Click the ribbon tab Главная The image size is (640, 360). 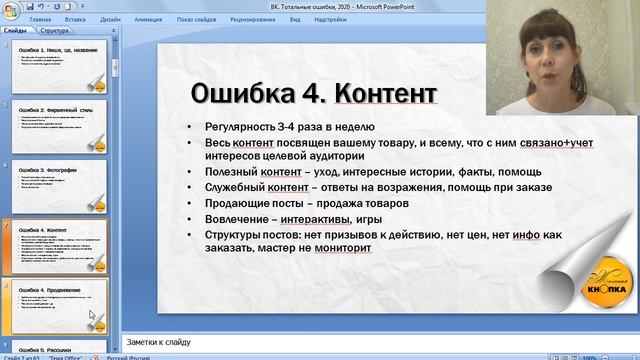coord(42,19)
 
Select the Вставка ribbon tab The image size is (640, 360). coord(75,19)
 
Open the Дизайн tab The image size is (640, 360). coord(110,19)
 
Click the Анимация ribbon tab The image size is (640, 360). coord(148,19)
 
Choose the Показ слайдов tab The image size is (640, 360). coord(197,19)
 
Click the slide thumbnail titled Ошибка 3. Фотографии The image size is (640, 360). coord(60,186)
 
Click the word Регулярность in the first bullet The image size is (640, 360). coord(240,127)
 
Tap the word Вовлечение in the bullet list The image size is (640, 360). coord(234,217)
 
